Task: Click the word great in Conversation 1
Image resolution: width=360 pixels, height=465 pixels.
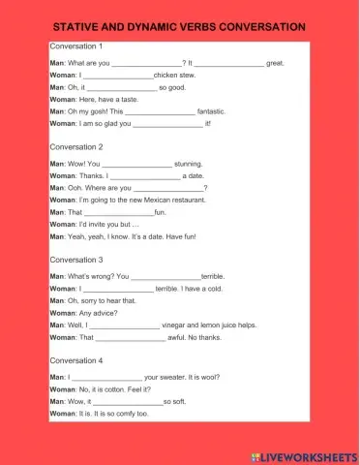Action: pyautogui.click(x=275, y=63)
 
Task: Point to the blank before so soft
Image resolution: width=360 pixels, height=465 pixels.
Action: pyautogui.click(x=127, y=401)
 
